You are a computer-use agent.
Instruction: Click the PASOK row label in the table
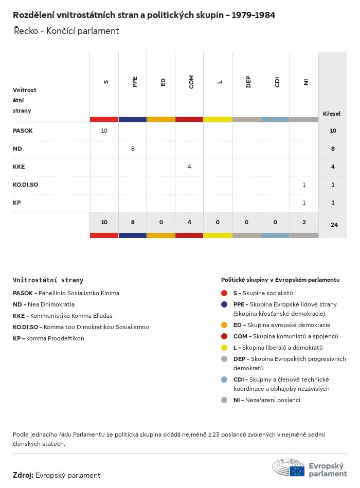tap(23, 131)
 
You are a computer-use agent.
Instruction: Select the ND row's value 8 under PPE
tap(133, 149)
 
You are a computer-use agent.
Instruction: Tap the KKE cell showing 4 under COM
tap(189, 167)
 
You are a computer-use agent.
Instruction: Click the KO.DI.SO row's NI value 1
tap(304, 185)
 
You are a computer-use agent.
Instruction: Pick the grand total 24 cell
tap(334, 224)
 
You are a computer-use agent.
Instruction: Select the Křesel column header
tap(332, 114)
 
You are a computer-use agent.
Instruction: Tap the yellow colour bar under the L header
tap(218, 119)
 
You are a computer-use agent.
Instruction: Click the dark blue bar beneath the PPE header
tap(132, 119)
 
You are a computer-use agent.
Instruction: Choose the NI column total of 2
tap(304, 222)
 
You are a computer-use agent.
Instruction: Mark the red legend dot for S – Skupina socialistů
tap(224, 293)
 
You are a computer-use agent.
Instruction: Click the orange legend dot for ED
tap(224, 325)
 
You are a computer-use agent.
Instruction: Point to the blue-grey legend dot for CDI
tap(224, 379)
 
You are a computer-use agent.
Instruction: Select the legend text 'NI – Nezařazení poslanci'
tap(266, 400)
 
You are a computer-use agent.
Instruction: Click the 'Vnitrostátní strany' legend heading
tap(48, 280)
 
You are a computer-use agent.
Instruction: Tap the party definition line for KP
tap(48, 338)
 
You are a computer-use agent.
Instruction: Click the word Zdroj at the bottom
tap(23, 475)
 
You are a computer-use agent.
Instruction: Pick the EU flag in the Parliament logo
tap(297, 471)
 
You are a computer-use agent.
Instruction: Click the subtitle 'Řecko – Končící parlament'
tap(66, 31)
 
